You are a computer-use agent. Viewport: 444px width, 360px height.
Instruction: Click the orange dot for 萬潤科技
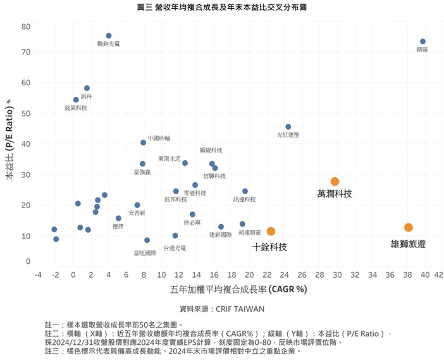pyautogui.click(x=335, y=182)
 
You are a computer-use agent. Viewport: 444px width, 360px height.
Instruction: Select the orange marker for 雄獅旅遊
pyautogui.click(x=409, y=227)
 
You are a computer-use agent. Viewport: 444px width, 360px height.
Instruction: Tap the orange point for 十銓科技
pyautogui.click(x=271, y=232)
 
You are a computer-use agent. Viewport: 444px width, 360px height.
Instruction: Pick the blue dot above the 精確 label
pyautogui.click(x=422, y=42)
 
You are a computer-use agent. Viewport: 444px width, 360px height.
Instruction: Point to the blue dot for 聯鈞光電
pyautogui.click(x=109, y=35)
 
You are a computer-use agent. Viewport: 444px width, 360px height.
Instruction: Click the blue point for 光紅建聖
pyautogui.click(x=288, y=127)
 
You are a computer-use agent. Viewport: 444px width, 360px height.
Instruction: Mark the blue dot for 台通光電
pyautogui.click(x=175, y=235)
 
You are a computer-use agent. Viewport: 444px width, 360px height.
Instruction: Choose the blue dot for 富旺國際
pyautogui.click(x=147, y=240)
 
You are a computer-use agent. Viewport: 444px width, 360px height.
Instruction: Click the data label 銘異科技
pyautogui.click(x=76, y=108)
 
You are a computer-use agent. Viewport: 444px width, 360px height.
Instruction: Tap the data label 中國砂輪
pyautogui.click(x=159, y=137)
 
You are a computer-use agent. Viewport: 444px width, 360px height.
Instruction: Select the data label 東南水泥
pyautogui.click(x=170, y=158)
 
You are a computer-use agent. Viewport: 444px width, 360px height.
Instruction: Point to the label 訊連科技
pyautogui.click(x=244, y=199)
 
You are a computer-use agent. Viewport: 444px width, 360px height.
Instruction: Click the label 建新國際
pyautogui.click(x=220, y=235)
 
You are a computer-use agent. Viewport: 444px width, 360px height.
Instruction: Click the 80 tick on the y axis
pyautogui.click(x=25, y=27)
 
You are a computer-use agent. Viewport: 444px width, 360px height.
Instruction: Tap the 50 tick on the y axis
pyautogui.click(x=25, y=113)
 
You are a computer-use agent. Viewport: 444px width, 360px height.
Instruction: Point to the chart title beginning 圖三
pyautogui.click(x=222, y=7)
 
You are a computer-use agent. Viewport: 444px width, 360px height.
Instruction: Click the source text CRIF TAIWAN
pyautogui.click(x=222, y=309)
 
